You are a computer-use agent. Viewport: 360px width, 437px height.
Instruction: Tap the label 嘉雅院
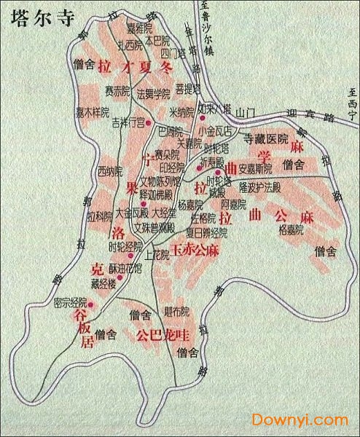point(138,29)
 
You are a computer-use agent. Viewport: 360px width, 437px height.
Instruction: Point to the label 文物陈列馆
point(160,181)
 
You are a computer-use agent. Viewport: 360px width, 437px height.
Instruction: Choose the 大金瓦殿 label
point(132,213)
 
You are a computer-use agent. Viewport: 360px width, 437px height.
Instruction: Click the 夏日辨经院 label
point(206,233)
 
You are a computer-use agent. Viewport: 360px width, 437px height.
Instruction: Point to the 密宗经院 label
point(70,302)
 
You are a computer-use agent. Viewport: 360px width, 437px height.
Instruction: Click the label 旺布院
point(176,311)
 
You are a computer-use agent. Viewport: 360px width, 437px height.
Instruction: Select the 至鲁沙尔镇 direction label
point(206,22)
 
